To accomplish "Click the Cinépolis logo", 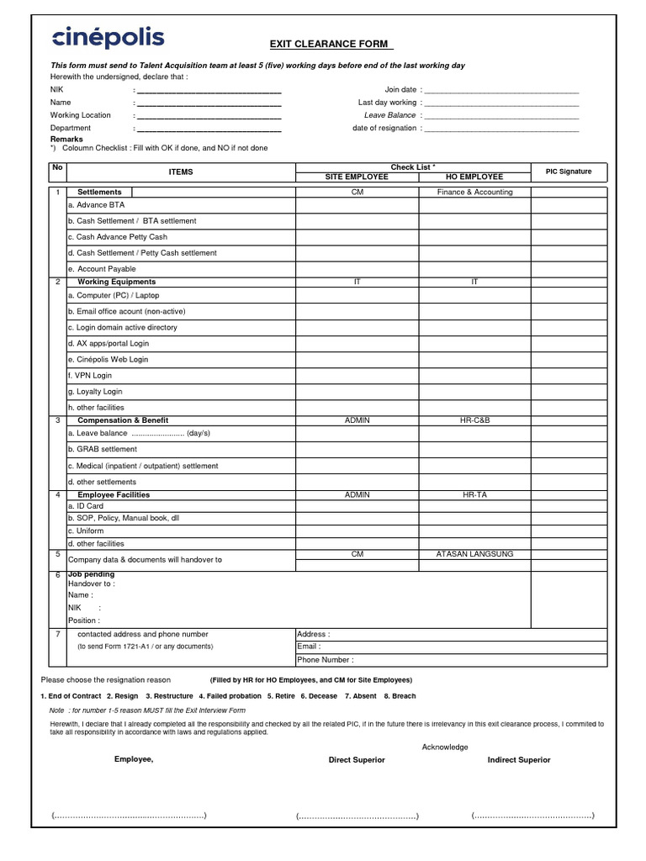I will [109, 38].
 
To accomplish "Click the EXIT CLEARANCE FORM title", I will [331, 45].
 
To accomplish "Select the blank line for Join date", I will [502, 89].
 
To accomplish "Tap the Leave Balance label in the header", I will [389, 115].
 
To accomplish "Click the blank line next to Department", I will [209, 129].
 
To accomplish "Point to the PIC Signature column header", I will [568, 172].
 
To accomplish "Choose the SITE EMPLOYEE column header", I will [357, 177].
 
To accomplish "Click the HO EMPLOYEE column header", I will [474, 177].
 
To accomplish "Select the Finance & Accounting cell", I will [474, 192].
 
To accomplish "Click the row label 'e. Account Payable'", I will [102, 269].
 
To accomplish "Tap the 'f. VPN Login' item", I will [90, 375].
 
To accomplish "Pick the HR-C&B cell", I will [474, 420].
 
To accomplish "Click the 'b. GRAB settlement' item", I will [102, 450].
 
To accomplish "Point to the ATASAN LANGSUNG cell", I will [474, 554].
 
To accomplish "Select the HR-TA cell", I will [474, 495].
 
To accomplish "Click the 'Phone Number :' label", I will [326, 660].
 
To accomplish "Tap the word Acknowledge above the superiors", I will [445, 747].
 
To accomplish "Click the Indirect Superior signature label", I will [519, 760].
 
